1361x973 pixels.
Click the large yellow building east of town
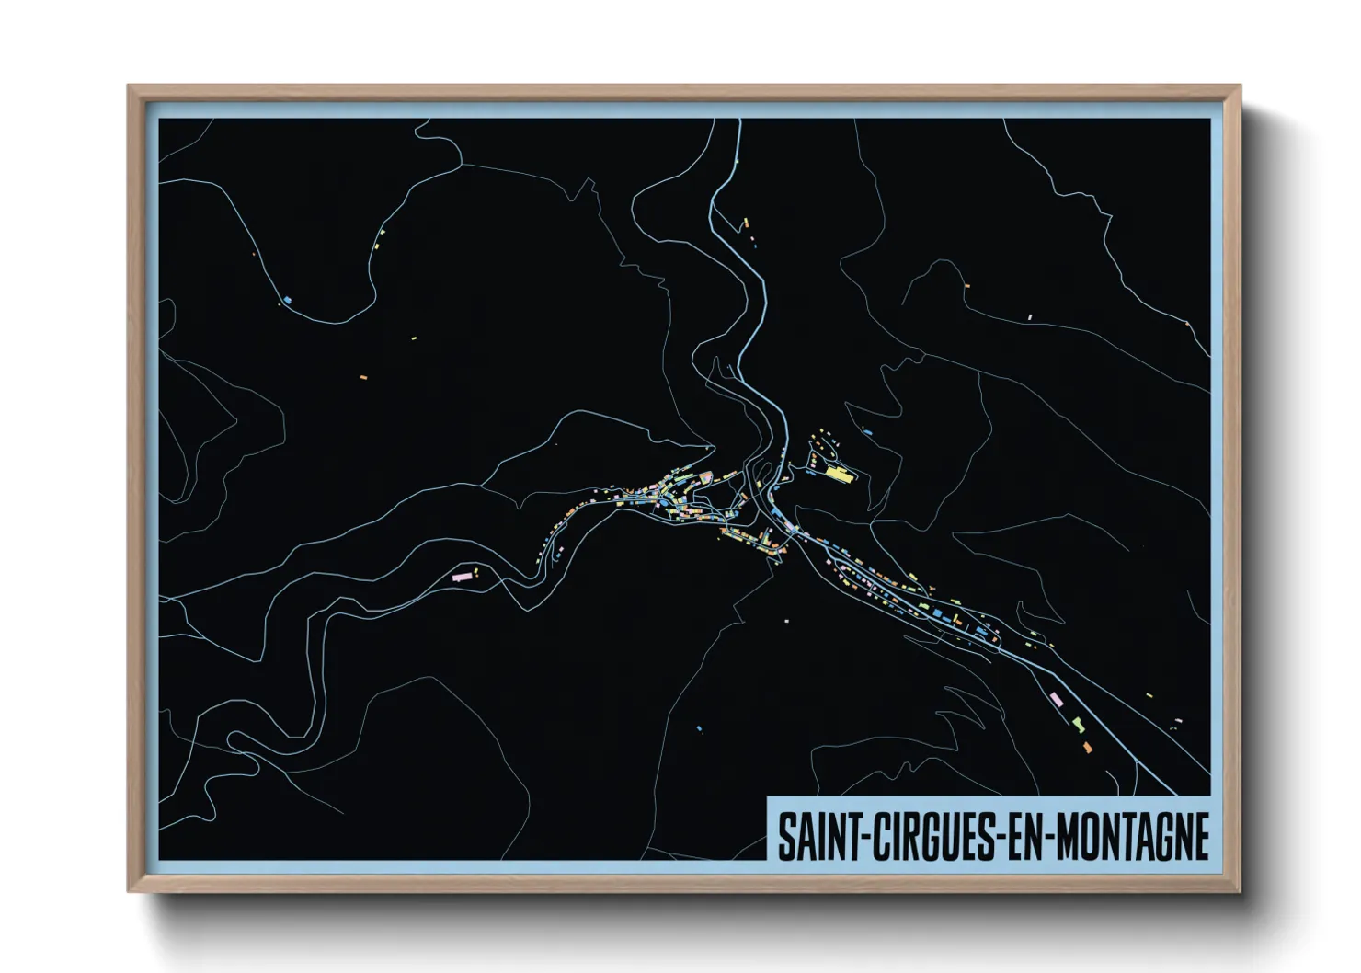click(x=838, y=474)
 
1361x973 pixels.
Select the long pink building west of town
click(x=462, y=577)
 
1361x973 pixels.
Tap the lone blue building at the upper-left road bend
click(x=288, y=300)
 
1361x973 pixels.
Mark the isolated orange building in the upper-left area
click(x=363, y=377)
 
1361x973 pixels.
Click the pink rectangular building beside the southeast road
click(x=1057, y=700)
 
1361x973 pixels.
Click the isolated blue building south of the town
click(x=699, y=729)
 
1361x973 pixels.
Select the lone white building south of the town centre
click(x=787, y=621)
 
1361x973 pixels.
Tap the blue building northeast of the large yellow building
click(x=868, y=431)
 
